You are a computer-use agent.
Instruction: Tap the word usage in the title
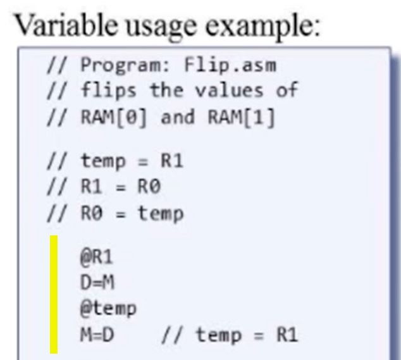point(157,28)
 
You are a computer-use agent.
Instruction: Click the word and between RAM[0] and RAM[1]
point(176,118)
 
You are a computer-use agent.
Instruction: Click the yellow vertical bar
point(54,294)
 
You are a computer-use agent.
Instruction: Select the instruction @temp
point(108,309)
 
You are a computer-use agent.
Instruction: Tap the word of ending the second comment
point(287,90)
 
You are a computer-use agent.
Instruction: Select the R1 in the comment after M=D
point(286,335)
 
